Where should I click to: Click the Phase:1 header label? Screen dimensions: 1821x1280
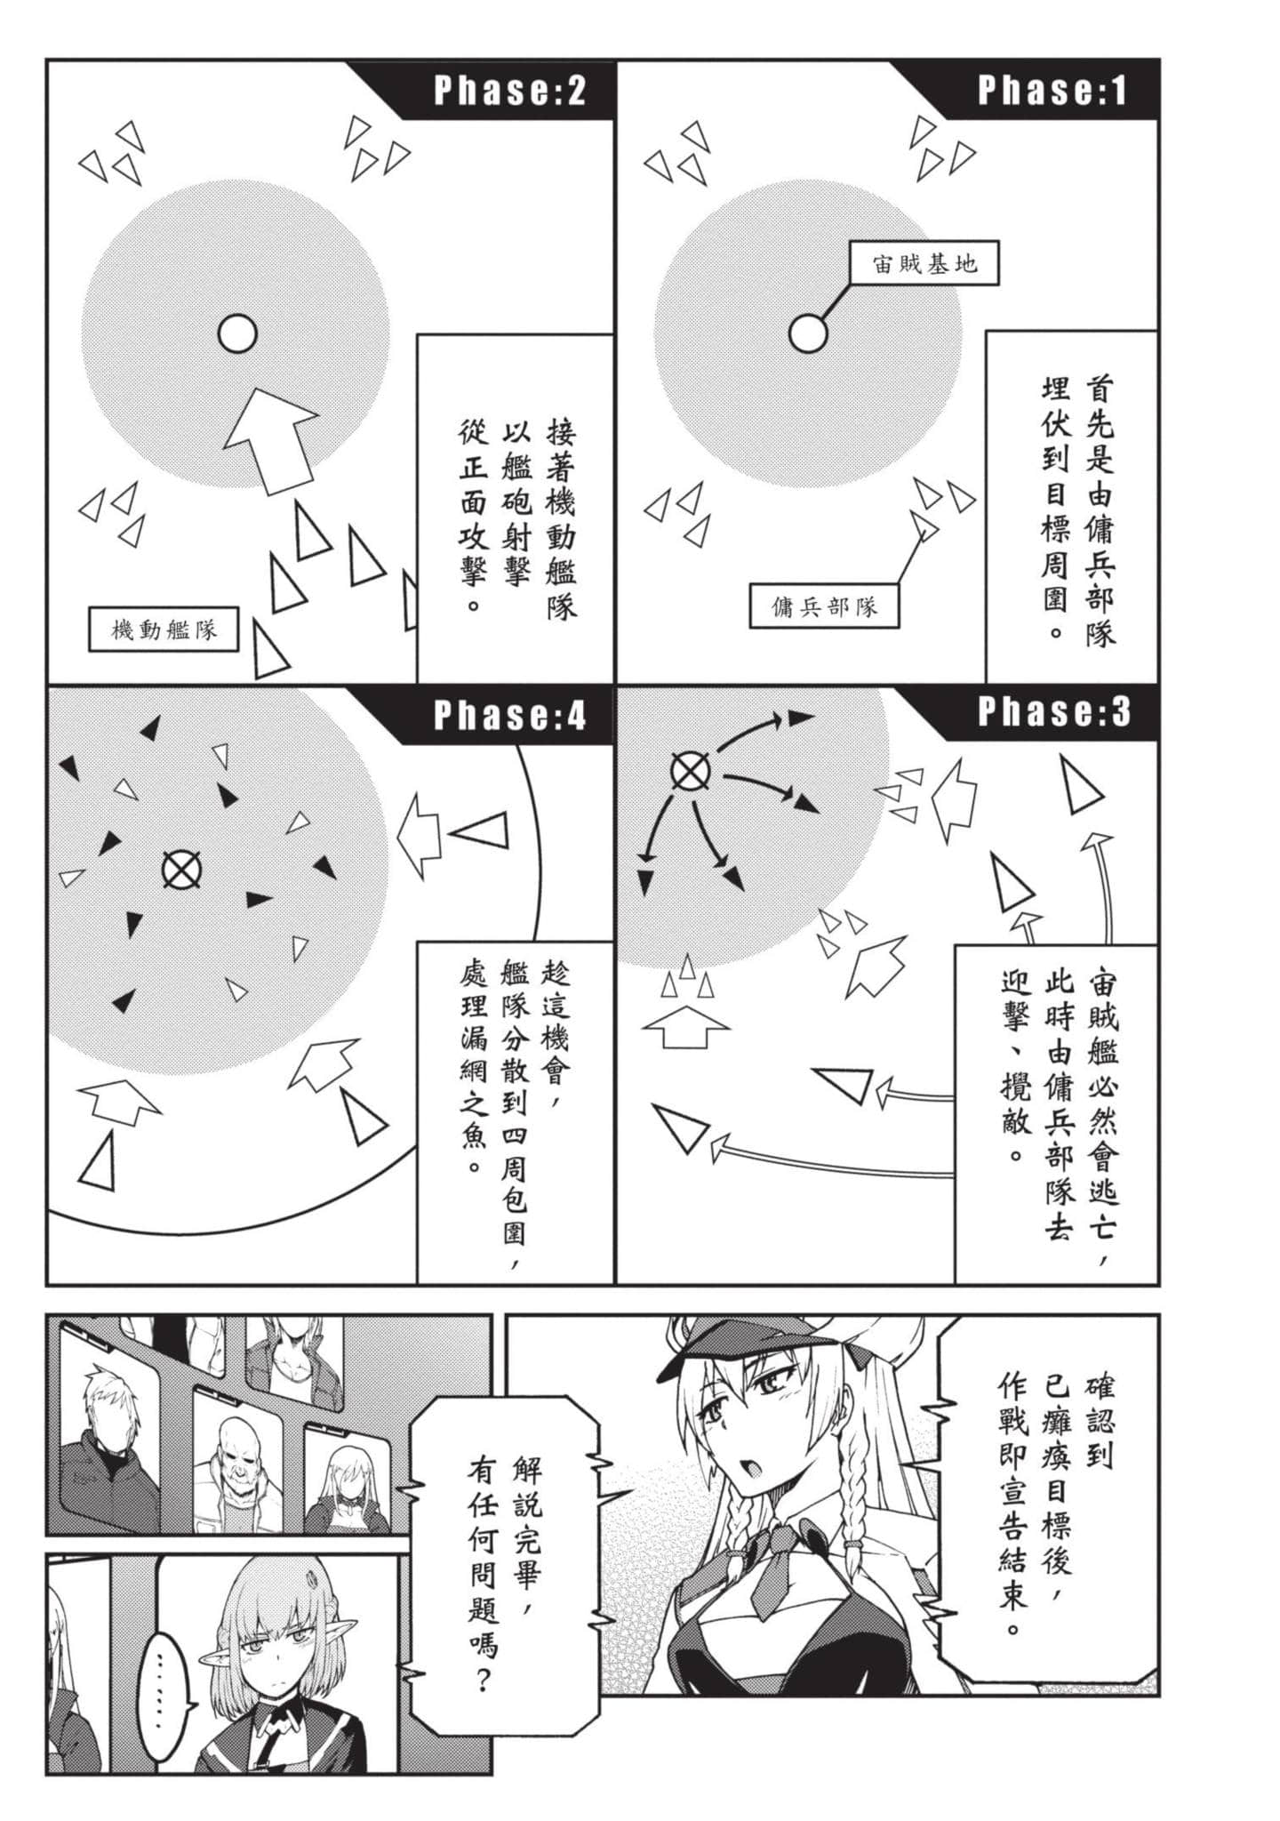coord(1052,91)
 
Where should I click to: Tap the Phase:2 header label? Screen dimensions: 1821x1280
coord(509,91)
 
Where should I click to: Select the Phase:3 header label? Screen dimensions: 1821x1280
coord(1054,712)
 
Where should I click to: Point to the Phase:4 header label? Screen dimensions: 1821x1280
coord(509,715)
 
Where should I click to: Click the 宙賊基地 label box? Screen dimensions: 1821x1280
coord(924,263)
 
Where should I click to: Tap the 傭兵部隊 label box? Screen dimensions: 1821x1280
coord(824,607)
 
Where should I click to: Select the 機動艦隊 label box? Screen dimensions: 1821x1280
coord(164,630)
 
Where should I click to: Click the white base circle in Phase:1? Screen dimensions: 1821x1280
coord(808,334)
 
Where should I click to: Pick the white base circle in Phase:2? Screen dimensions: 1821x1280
coord(237,334)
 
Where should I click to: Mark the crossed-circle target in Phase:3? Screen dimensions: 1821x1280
coord(690,772)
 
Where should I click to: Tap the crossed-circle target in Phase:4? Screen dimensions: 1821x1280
coord(181,870)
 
